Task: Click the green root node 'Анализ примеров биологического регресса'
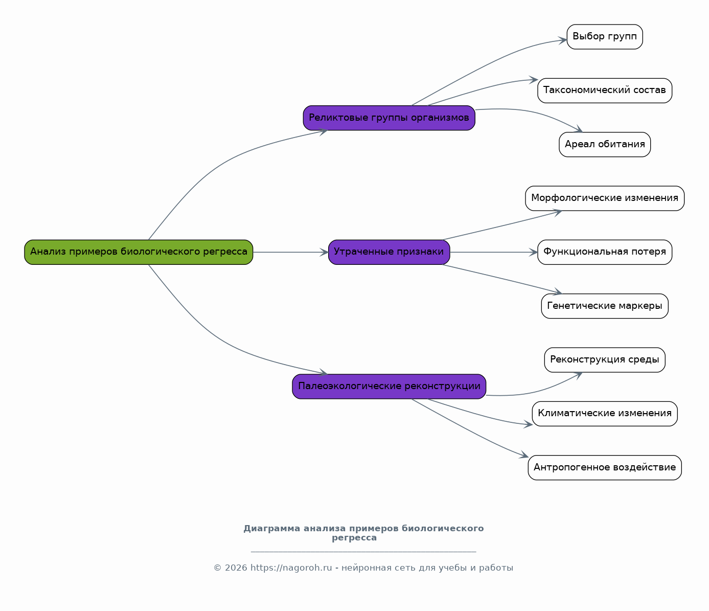pos(139,252)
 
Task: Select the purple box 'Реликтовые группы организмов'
pos(389,118)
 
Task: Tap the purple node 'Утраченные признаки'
pos(389,252)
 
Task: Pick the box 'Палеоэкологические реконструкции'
pos(389,387)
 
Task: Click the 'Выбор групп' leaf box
pos(605,37)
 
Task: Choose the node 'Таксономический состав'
pos(605,90)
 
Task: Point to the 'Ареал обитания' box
pos(605,144)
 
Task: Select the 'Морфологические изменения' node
pos(605,198)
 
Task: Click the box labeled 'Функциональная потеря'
pos(605,252)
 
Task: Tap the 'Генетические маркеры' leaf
pos(605,306)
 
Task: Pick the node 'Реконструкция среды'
pos(605,360)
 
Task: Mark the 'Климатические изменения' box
pos(605,414)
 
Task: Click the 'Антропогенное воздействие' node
pos(605,468)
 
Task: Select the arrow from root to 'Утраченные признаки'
pos(291,252)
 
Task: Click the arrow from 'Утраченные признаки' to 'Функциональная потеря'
pos(494,252)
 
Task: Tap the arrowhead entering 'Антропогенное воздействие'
pos(524,455)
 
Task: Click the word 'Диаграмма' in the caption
pos(271,529)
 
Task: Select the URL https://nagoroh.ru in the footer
pos(291,568)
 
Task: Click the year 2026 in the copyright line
pos(236,568)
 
